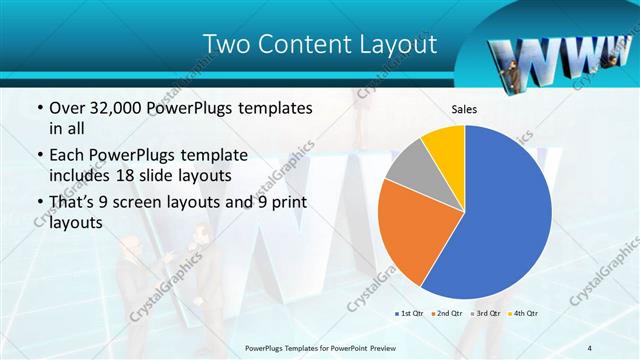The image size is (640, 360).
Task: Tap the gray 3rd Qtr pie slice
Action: pos(406,166)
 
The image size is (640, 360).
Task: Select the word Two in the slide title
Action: pos(226,45)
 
